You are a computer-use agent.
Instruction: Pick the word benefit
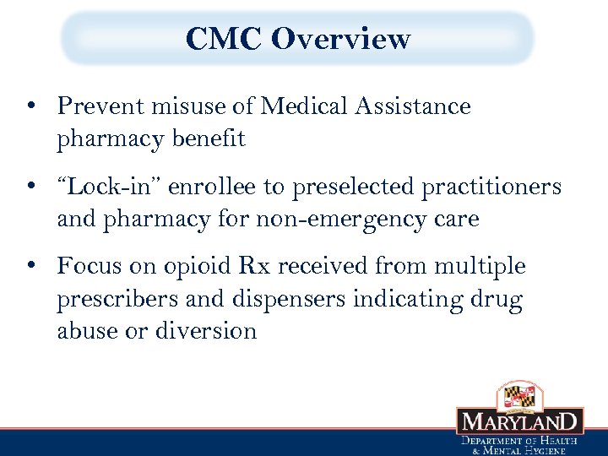(x=210, y=139)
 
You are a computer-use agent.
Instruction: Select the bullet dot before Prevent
(x=30, y=107)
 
